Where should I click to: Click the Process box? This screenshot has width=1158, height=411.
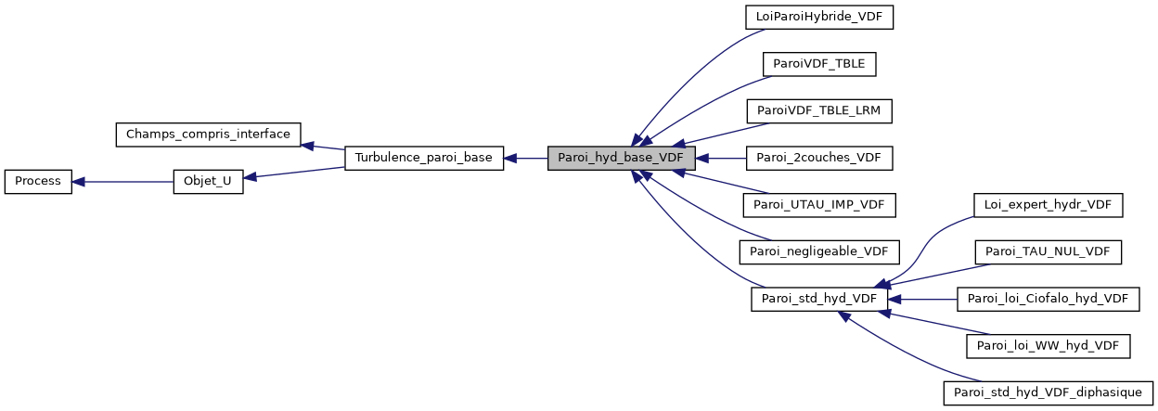pyautogui.click(x=38, y=182)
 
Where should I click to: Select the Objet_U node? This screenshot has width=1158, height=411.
pyautogui.click(x=209, y=182)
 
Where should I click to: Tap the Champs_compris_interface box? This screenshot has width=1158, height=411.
pyautogui.click(x=207, y=135)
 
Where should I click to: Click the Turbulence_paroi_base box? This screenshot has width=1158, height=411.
pyautogui.click(x=424, y=159)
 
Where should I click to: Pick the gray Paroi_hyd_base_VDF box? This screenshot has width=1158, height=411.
pyautogui.click(x=621, y=159)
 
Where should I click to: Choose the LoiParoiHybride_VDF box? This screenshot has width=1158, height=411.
pyautogui.click(x=819, y=17)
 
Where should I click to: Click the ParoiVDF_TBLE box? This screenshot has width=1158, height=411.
pyautogui.click(x=819, y=64)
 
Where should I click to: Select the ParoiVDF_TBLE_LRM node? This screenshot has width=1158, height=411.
pyautogui.click(x=819, y=111)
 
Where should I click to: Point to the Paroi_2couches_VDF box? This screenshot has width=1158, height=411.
pyautogui.click(x=819, y=159)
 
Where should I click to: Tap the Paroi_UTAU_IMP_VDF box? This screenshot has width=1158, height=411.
pyautogui.click(x=819, y=205)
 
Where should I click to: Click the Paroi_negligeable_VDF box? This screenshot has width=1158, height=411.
pyautogui.click(x=819, y=251)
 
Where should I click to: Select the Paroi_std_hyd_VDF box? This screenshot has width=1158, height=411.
pyautogui.click(x=819, y=299)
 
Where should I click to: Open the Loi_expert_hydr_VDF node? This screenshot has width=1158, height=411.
pyautogui.click(x=1048, y=205)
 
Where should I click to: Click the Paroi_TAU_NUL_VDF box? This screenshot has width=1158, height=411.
pyautogui.click(x=1048, y=251)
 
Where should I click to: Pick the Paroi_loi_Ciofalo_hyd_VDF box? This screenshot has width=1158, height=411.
pyautogui.click(x=1048, y=299)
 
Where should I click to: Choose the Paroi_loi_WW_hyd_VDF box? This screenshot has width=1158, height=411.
pyautogui.click(x=1048, y=346)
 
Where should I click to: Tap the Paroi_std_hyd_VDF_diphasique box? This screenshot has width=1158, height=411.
pyautogui.click(x=1048, y=392)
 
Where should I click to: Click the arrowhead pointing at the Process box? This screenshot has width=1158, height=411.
pyautogui.click(x=79, y=182)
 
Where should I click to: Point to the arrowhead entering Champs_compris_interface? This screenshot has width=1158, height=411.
pyautogui.click(x=308, y=146)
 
